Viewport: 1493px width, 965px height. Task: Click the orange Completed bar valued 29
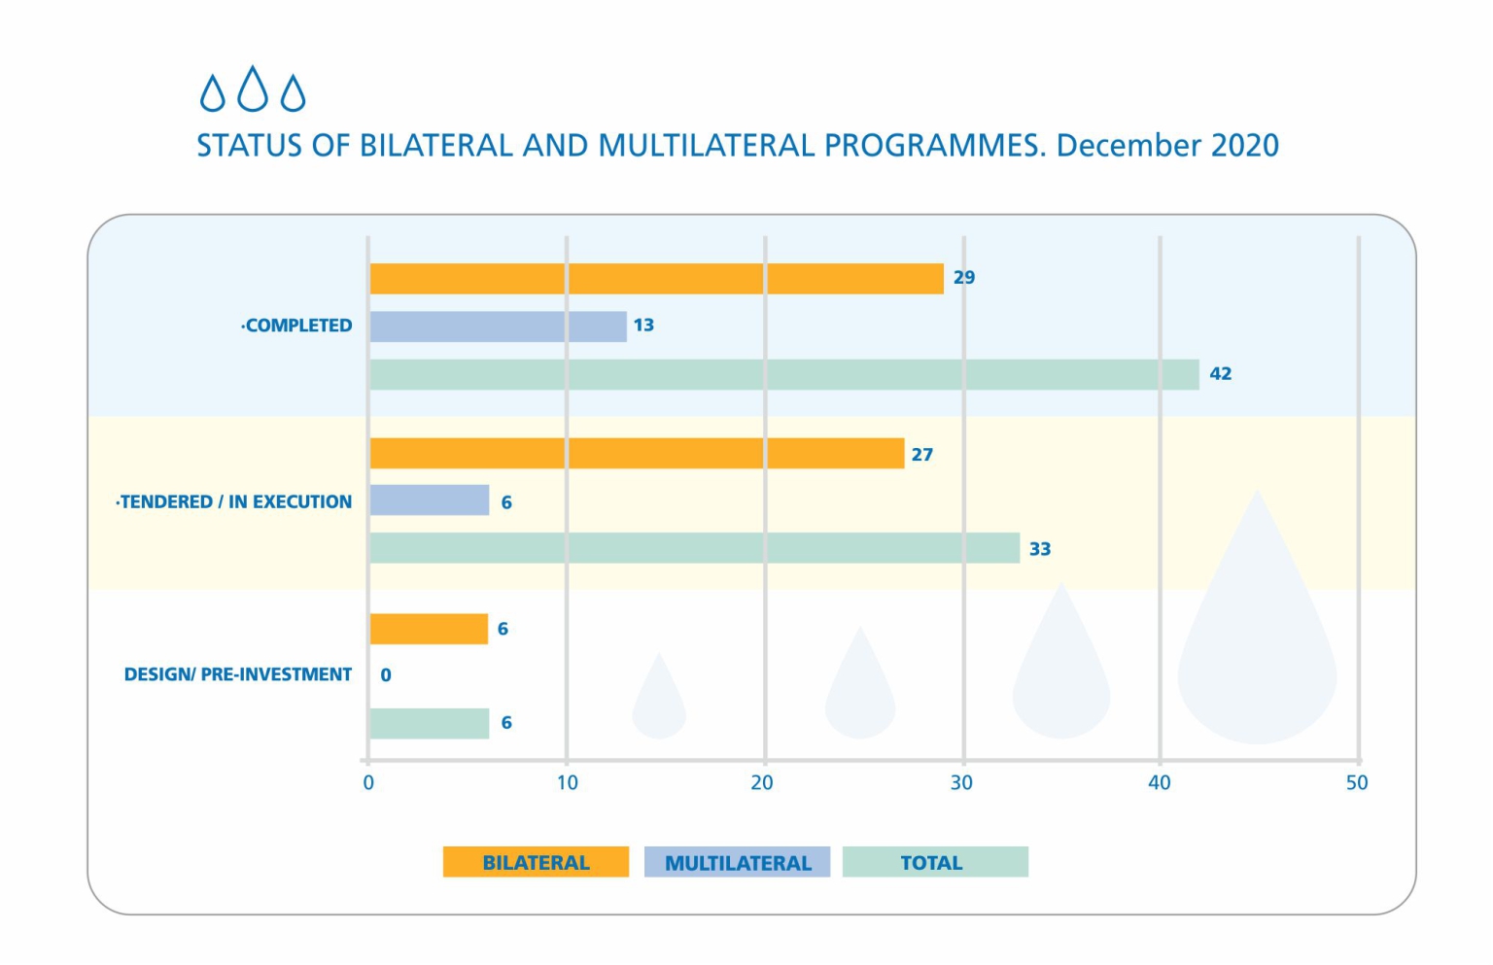[x=656, y=279]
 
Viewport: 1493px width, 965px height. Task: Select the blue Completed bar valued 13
[x=498, y=327]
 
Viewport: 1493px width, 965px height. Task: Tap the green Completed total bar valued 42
[x=783, y=374]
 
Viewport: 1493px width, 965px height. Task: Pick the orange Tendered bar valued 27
[x=637, y=454]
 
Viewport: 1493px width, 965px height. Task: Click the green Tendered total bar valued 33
[x=694, y=548]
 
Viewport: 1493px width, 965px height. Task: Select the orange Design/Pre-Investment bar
[x=429, y=629]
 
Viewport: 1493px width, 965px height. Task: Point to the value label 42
[x=1220, y=374]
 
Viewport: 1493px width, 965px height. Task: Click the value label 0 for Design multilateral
[x=386, y=675]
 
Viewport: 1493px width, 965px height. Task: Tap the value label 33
[x=1040, y=549]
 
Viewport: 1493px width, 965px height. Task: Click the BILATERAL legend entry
[x=536, y=862]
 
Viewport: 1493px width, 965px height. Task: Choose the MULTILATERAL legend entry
[x=737, y=862]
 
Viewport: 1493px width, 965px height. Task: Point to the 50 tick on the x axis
[x=1357, y=783]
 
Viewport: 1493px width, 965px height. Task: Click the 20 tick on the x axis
[x=762, y=783]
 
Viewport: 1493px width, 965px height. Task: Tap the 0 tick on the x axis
[x=368, y=783]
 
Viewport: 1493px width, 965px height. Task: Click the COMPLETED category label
[x=297, y=327]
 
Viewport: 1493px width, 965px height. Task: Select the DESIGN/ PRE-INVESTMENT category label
[x=237, y=674]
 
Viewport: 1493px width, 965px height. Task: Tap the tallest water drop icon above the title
[x=253, y=88]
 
